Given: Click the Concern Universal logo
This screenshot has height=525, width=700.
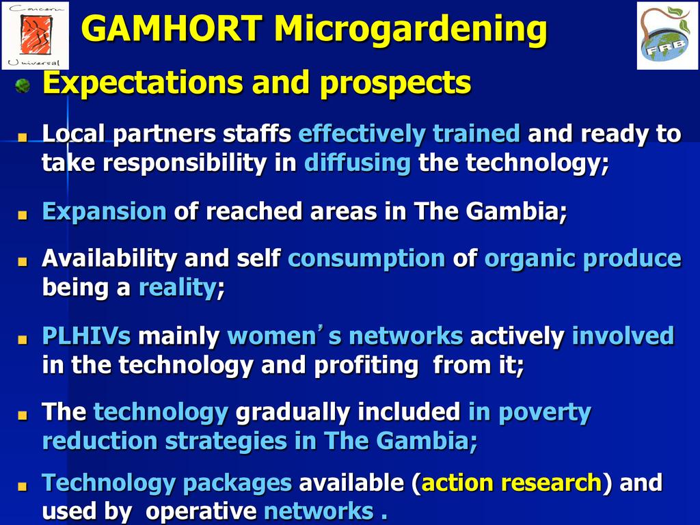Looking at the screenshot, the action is pos(36,36).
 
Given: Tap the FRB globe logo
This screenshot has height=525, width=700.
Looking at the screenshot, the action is pos(667,36).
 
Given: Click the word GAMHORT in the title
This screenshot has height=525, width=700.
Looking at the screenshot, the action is pos(172,29).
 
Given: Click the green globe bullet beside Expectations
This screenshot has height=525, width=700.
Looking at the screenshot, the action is pos(23,85).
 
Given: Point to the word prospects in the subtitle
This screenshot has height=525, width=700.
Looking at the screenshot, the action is pos(396,83).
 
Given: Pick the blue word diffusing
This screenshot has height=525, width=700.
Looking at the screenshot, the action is pos(357,163).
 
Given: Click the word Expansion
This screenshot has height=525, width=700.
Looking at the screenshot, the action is pos(104,212).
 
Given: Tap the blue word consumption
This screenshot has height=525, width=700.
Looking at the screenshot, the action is pos(366,259).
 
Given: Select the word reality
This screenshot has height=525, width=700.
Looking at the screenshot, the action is pos(178,288).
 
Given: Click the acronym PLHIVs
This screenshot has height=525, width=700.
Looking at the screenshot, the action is pos(86,336).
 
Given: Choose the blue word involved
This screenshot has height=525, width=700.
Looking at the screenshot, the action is pos(623,336).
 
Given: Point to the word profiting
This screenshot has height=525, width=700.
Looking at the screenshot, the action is pos(366,366).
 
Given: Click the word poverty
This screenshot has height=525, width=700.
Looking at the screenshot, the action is pos(545,413).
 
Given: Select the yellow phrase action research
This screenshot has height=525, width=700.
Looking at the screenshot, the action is pos(511,483).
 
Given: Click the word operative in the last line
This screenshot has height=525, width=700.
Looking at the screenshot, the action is pos(201,512).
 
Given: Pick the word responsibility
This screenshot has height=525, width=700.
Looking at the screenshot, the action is pos(185,163).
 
